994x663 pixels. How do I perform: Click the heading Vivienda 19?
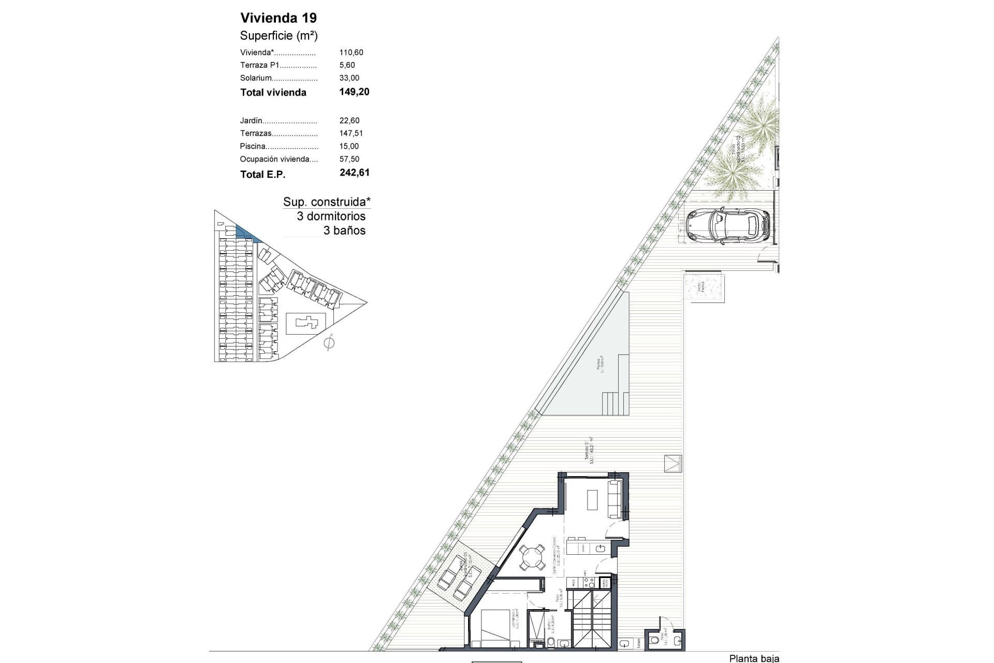(x=279, y=18)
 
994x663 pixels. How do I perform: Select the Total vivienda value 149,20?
(x=354, y=92)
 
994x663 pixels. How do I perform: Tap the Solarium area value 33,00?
(x=349, y=78)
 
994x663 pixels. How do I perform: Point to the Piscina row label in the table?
(x=253, y=147)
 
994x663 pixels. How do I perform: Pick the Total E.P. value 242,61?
(x=355, y=172)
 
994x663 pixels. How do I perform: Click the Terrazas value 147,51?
(x=351, y=134)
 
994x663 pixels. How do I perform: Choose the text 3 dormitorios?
(x=331, y=217)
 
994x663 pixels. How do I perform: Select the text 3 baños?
(x=344, y=230)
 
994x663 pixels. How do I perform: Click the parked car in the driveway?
(x=727, y=225)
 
